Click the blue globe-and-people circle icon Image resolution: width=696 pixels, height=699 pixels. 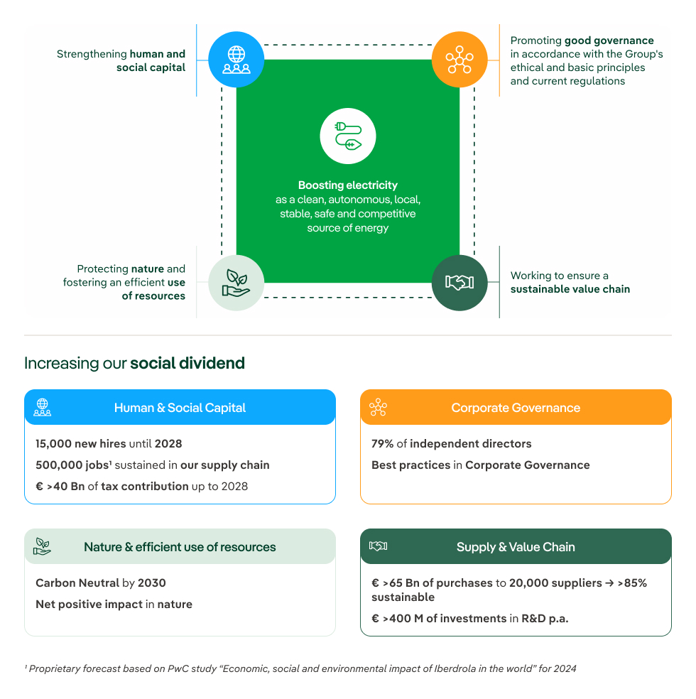pos(236,60)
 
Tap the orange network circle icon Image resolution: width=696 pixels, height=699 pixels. pos(460,60)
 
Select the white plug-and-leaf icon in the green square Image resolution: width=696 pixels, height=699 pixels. pos(348,136)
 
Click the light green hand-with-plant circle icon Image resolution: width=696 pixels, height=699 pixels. pos(236,283)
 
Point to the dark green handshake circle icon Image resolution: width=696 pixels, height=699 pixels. pos(460,283)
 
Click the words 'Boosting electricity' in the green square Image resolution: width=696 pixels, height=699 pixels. pos(348,185)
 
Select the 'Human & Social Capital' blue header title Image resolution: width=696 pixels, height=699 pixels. pos(180,408)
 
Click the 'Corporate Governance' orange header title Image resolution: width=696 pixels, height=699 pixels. pos(516,408)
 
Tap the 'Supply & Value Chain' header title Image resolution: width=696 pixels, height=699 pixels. pos(516,547)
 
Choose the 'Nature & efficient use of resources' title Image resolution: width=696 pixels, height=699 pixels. pos(180,547)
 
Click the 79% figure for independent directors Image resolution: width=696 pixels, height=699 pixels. pos(382,444)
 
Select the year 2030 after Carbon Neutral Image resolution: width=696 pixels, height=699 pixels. pos(152,583)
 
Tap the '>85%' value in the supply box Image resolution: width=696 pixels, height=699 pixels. pos(632,583)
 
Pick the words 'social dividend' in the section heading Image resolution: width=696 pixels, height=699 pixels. pos(187,363)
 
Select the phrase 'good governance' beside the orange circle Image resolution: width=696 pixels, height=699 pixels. pos(609,40)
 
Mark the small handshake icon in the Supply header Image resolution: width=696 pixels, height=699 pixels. pos(378,546)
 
